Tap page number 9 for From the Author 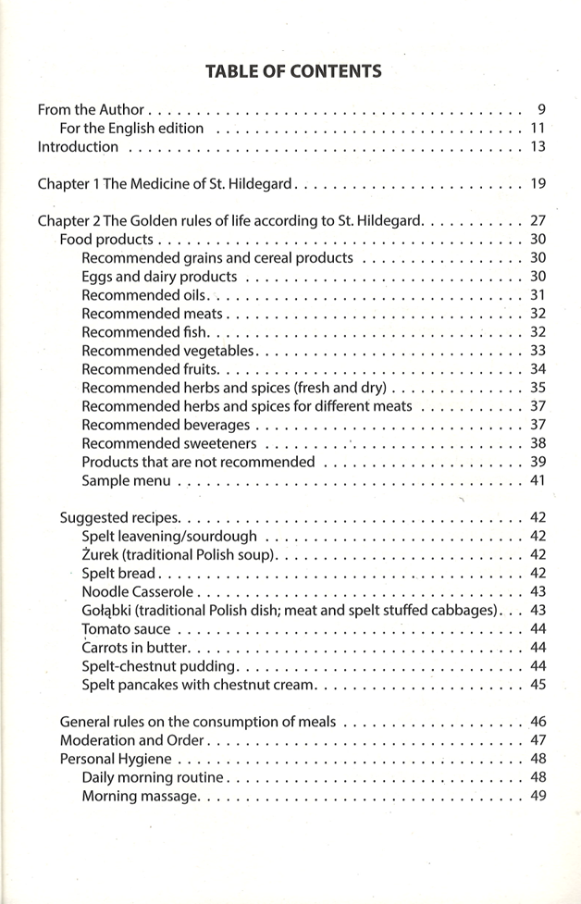click(541, 109)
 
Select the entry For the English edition click(131, 128)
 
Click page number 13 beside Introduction click(538, 146)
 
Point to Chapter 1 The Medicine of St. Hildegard click(166, 183)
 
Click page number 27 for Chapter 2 click(538, 220)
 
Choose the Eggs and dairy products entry click(158, 276)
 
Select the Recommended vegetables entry click(167, 350)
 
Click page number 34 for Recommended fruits click(538, 368)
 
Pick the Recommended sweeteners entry click(169, 442)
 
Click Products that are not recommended click(198, 461)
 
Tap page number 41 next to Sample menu click(538, 479)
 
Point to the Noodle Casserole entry click(138, 591)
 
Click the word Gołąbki click(106, 610)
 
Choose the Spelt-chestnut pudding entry click(160, 665)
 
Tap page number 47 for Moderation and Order click(538, 740)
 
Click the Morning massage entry click(139, 796)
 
